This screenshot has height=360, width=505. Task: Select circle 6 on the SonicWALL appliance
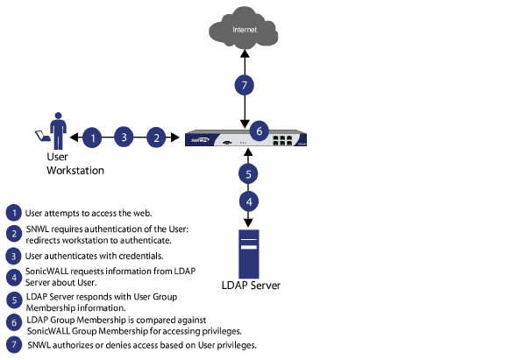[257, 130]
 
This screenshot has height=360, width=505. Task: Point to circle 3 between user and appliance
[125, 137]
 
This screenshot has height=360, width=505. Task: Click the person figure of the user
[59, 132]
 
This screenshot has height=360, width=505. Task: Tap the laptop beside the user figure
[40, 136]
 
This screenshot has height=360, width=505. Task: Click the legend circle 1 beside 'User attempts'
[13, 213]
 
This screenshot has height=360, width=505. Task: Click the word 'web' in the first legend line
[143, 213]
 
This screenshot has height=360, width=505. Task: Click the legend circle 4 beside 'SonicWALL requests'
[13, 276]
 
